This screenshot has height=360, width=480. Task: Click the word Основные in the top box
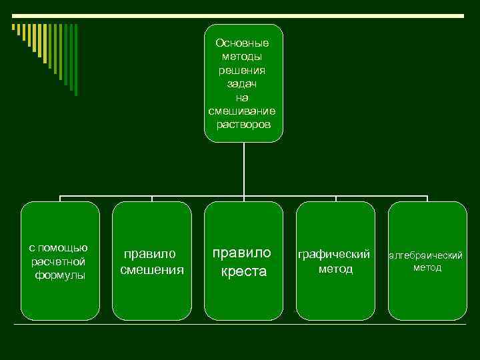pos(243,43)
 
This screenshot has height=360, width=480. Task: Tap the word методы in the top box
pos(243,57)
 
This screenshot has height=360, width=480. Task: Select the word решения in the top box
pos(243,70)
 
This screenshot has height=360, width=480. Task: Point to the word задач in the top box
pos(243,84)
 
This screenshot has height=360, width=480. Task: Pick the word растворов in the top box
pos(243,125)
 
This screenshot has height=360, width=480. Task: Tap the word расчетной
pos(59,261)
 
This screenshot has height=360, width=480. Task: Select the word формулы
pos(61,275)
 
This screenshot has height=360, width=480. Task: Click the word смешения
pos(152,270)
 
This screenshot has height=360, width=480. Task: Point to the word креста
pos(243,271)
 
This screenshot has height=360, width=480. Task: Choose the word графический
pos(335,255)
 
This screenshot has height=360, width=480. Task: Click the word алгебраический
pos(427,255)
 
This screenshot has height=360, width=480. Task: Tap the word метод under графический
pos(335,269)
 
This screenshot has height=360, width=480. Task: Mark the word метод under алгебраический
pos(427,268)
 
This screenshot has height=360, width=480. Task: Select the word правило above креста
pos(243,253)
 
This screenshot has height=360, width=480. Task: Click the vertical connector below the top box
pos(244,170)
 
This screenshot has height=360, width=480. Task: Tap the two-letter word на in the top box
pos(243,98)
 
